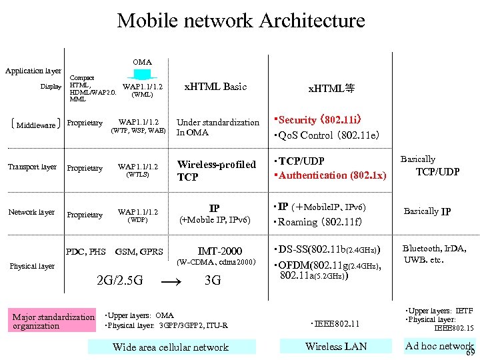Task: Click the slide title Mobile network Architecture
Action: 241,21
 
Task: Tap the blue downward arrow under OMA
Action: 141,74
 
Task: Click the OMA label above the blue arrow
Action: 142,62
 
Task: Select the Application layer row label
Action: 33,71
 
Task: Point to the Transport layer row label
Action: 32,167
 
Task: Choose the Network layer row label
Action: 31,212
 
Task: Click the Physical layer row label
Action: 32,266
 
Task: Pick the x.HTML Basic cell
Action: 215,87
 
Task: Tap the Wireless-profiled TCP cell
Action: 216,171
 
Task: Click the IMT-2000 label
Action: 219,251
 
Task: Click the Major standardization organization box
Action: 53,321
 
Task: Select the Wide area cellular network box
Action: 171,347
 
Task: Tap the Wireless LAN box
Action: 336,346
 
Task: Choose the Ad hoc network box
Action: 438,345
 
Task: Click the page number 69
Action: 470,353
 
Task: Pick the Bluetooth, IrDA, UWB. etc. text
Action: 434,254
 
